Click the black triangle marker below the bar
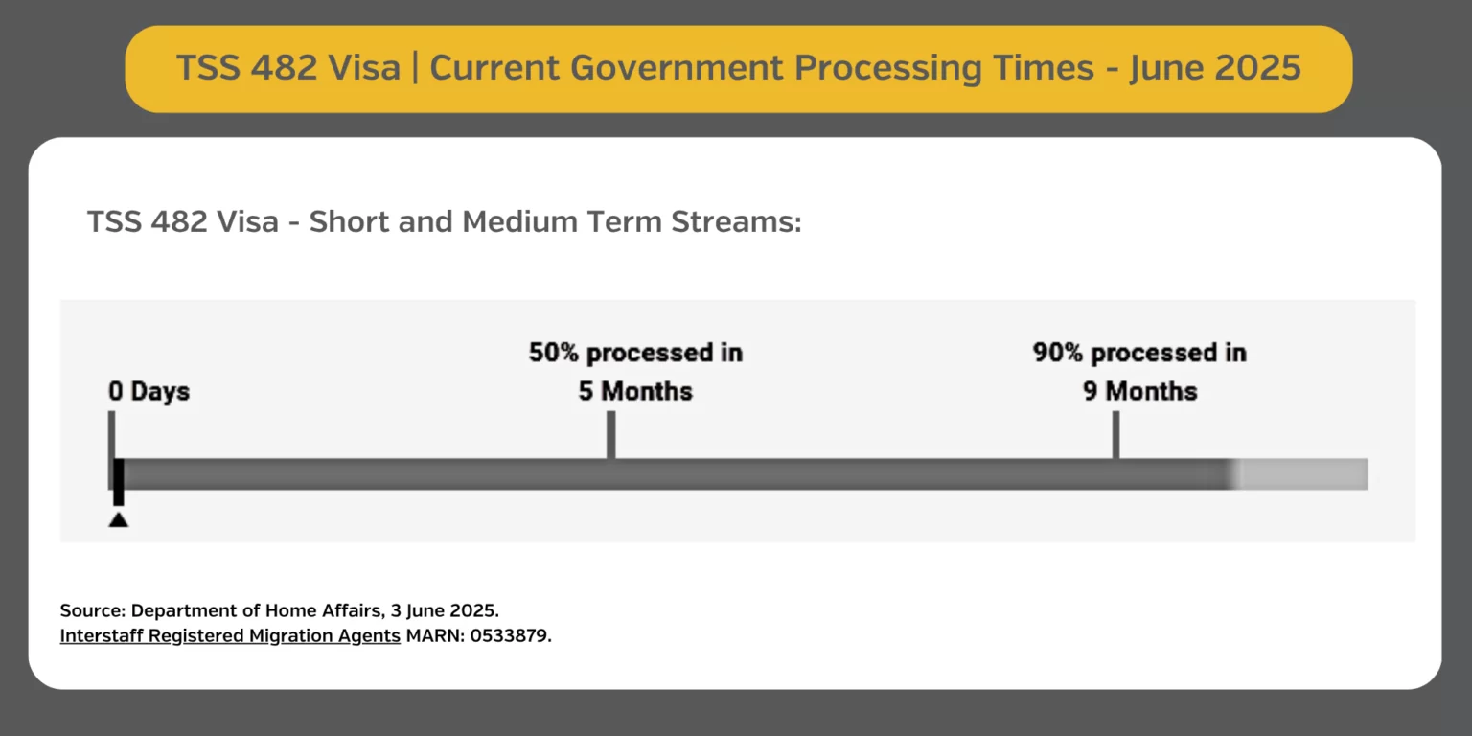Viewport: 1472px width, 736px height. pyautogui.click(x=118, y=519)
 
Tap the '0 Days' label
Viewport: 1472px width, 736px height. pyautogui.click(x=149, y=391)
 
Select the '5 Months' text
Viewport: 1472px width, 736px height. pyautogui.click(x=635, y=391)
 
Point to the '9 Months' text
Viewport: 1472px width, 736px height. pyautogui.click(x=1140, y=391)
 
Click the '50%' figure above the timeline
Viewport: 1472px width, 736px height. pyautogui.click(x=554, y=353)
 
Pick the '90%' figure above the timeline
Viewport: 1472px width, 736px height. pyautogui.click(x=1058, y=353)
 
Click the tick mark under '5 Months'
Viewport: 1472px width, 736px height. pyautogui.click(x=611, y=435)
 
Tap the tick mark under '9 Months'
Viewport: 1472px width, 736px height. pyautogui.click(x=1115, y=435)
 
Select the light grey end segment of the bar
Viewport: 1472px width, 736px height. pyautogui.click(x=1301, y=474)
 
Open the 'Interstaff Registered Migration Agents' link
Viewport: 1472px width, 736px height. pyautogui.click(x=230, y=635)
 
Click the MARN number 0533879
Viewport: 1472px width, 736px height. pyautogui.click(x=509, y=635)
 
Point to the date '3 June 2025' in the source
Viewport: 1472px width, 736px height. pyautogui.click(x=444, y=610)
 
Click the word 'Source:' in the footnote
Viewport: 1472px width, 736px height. pyautogui.click(x=93, y=610)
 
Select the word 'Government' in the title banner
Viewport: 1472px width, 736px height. pyautogui.click(x=677, y=68)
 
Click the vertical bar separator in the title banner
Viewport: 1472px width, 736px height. pyautogui.click(x=415, y=68)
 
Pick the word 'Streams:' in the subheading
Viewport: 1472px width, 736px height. pyautogui.click(x=736, y=221)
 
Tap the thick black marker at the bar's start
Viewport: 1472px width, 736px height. pyautogui.click(x=118, y=482)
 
